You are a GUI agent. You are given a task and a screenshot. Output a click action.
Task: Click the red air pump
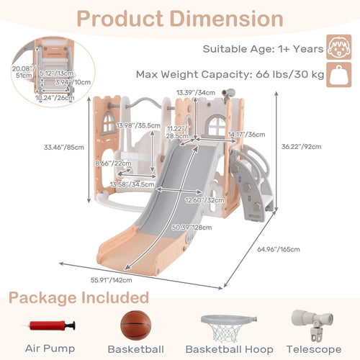(x=51, y=326)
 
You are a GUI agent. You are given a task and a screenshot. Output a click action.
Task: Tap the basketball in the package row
(x=136, y=325)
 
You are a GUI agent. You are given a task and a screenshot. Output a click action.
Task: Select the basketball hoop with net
(x=228, y=328)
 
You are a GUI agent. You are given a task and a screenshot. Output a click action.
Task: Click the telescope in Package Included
(x=312, y=325)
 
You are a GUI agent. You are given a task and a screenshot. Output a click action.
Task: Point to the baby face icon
(x=338, y=47)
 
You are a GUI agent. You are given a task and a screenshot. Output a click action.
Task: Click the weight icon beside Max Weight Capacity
(x=338, y=75)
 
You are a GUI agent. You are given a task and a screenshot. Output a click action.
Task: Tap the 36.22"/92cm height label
(x=301, y=146)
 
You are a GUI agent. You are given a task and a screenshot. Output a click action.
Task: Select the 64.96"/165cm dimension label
(x=279, y=249)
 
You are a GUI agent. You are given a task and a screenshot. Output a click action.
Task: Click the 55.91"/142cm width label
(x=111, y=280)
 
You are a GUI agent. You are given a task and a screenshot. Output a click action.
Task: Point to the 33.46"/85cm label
(x=64, y=147)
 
